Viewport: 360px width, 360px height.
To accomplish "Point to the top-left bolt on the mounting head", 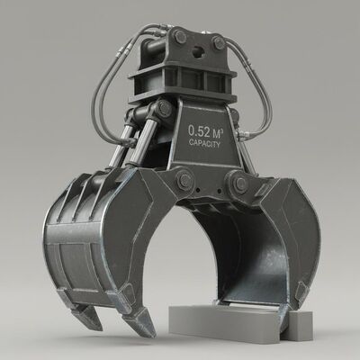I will (180, 37).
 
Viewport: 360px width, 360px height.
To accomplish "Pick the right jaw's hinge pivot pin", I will (239, 184).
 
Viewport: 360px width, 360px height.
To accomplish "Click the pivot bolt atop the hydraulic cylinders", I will (163, 111).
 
